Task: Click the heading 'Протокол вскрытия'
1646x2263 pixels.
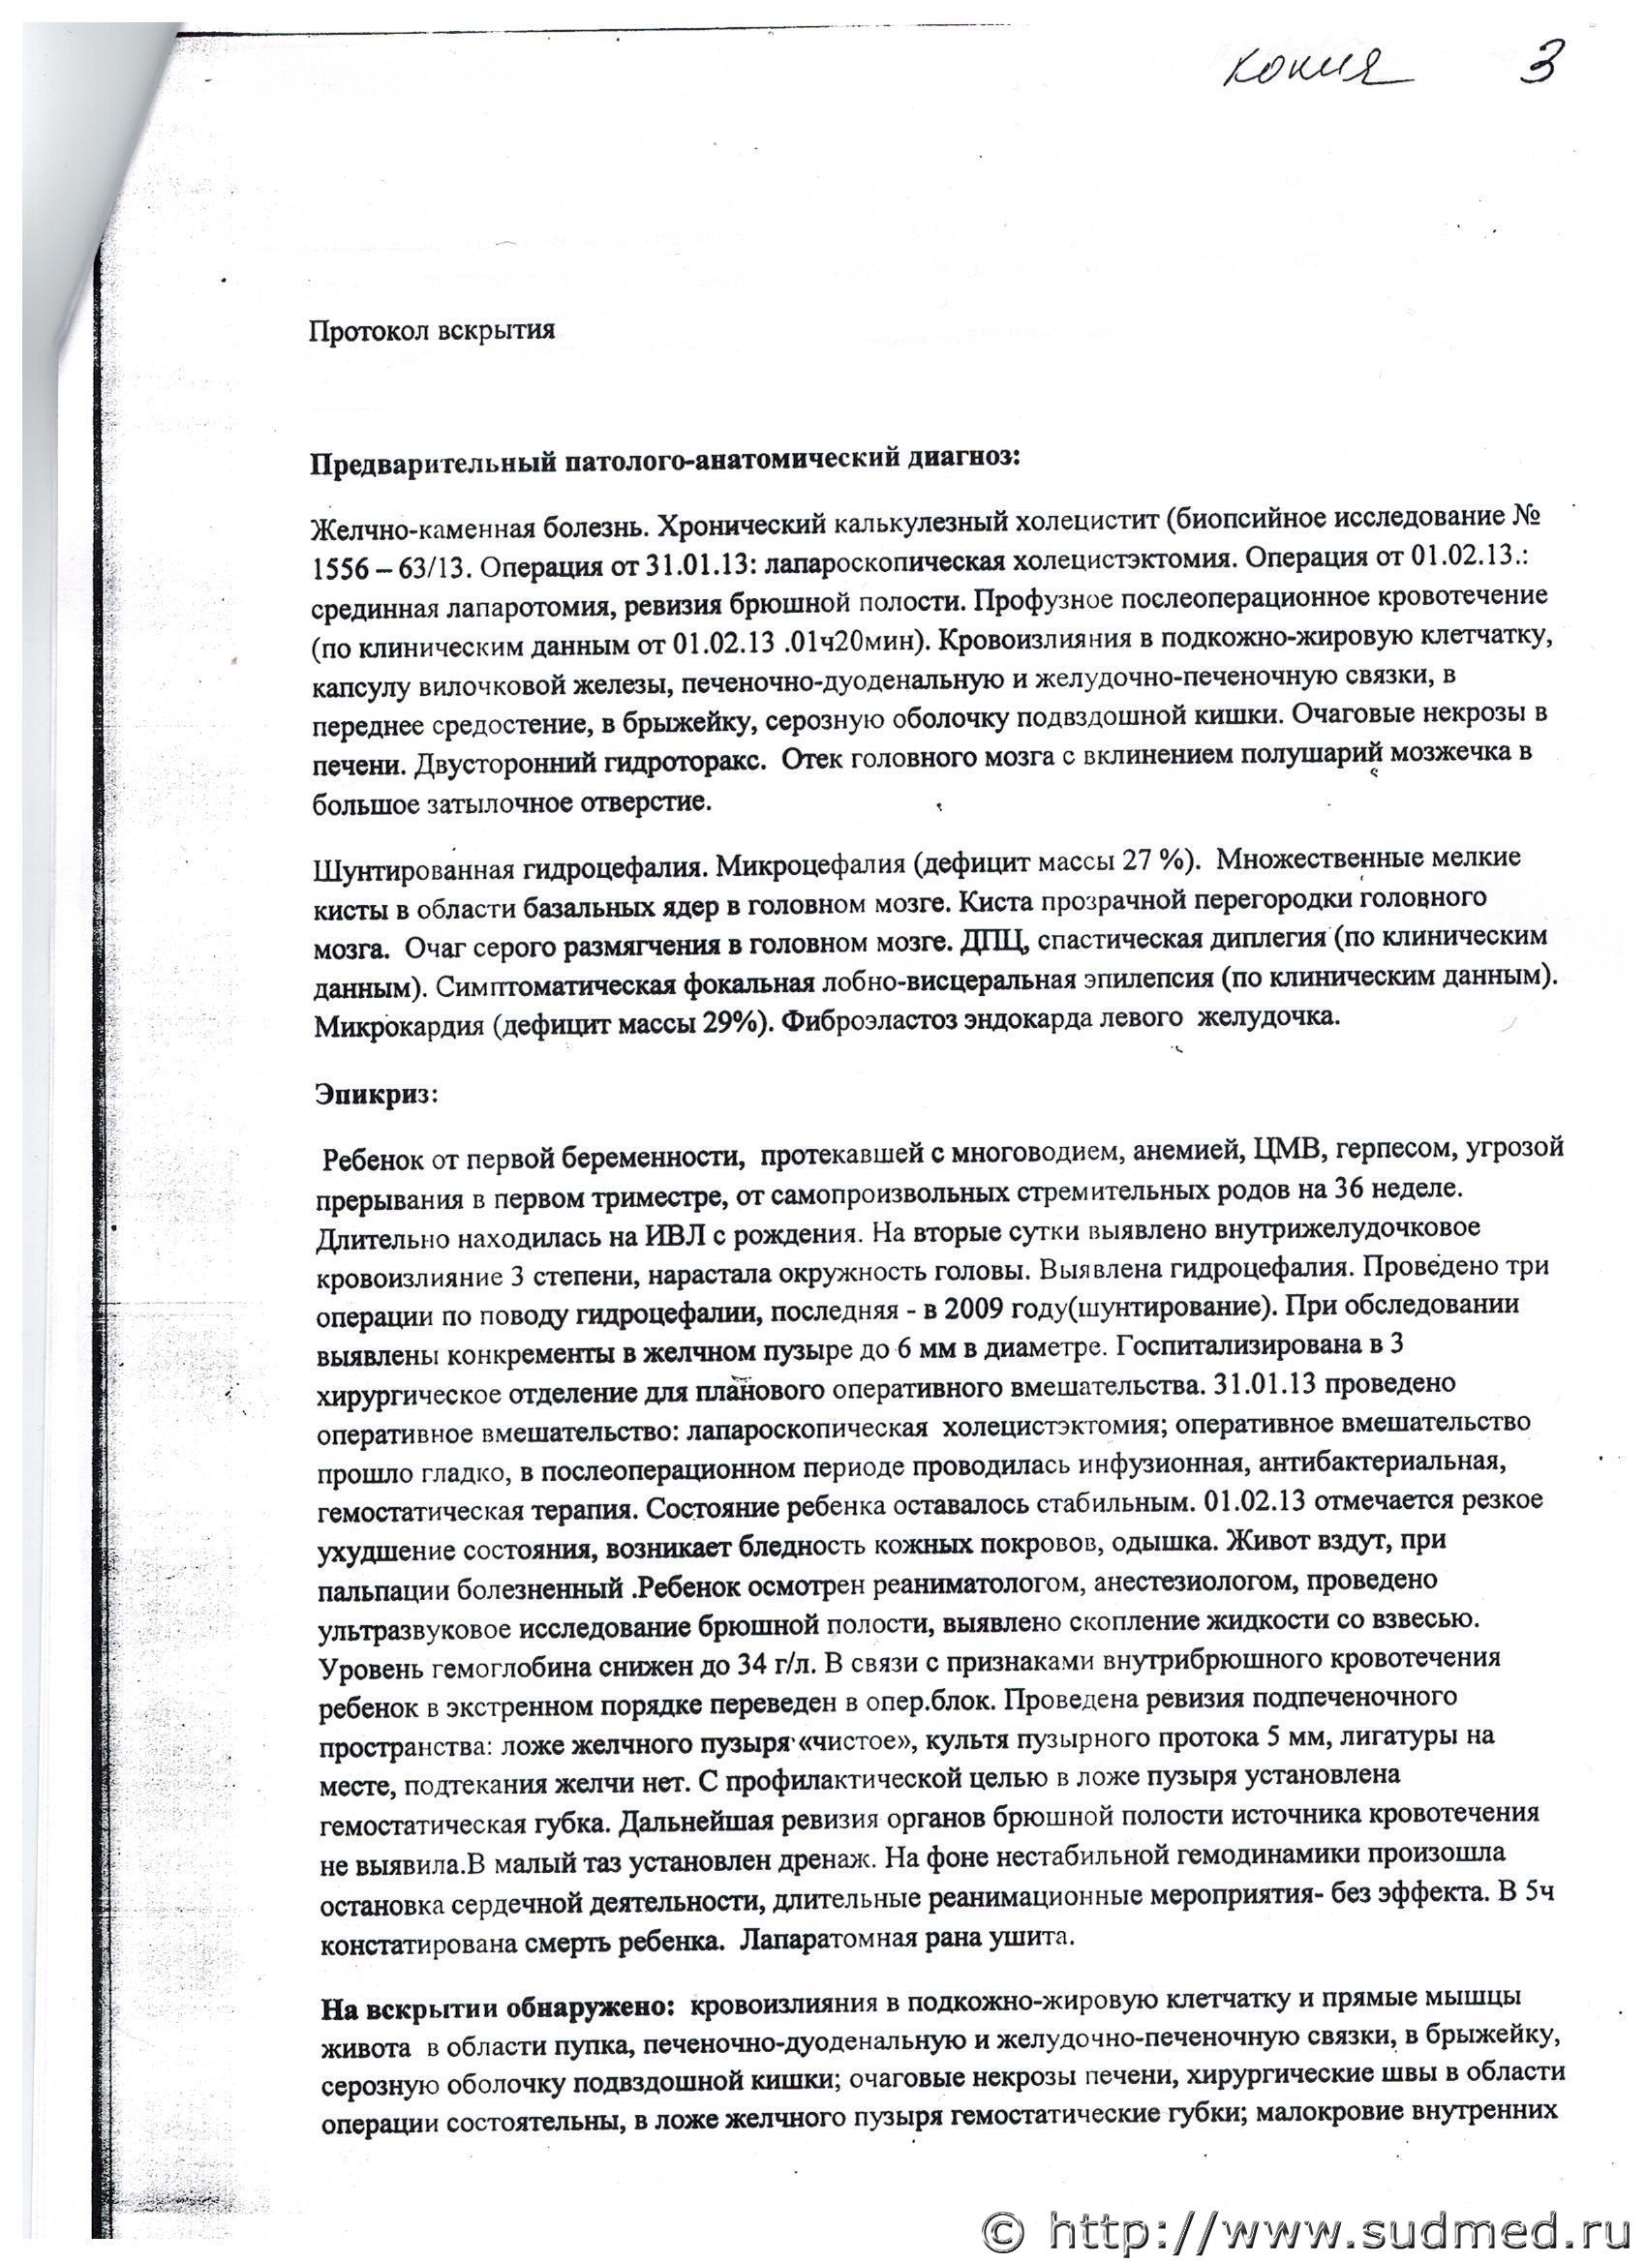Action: (431, 330)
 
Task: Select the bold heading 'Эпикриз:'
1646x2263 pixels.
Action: (376, 1095)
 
